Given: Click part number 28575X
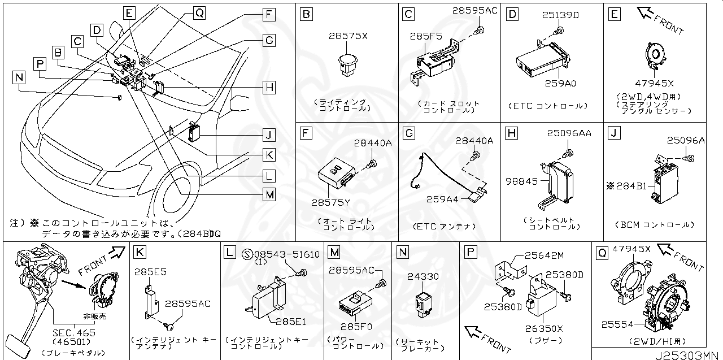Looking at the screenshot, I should tap(348, 36).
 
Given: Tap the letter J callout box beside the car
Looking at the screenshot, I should tap(269, 135).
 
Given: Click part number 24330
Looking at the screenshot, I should tap(423, 276).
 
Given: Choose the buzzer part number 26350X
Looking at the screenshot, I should tap(544, 328).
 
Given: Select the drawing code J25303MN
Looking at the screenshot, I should tap(689, 354).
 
